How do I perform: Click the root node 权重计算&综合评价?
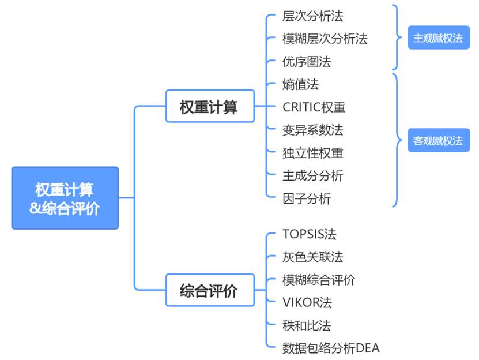coord(65,198)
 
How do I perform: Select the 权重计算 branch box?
coord(210,106)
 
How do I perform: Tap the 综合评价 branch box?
coord(210,290)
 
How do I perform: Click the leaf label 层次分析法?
coord(313,16)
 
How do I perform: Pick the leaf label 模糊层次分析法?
coord(325,39)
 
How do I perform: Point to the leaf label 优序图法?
coord(307,61)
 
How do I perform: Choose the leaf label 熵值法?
coord(300,84)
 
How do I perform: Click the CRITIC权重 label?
coord(314,107)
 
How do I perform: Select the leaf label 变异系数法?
coord(313,130)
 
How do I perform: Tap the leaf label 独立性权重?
coord(313,153)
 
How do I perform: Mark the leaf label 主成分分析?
coord(313,175)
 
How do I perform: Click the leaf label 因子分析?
coord(307,199)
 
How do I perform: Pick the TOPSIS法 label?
coord(310,234)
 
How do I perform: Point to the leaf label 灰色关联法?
coord(313,257)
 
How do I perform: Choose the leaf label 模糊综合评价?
coord(319,280)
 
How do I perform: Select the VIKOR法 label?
coord(307,302)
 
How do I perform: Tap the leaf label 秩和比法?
coord(307,325)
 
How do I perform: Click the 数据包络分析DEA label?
coord(331,348)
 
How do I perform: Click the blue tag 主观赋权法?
coord(438,38)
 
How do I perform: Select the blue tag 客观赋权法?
coord(438,140)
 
